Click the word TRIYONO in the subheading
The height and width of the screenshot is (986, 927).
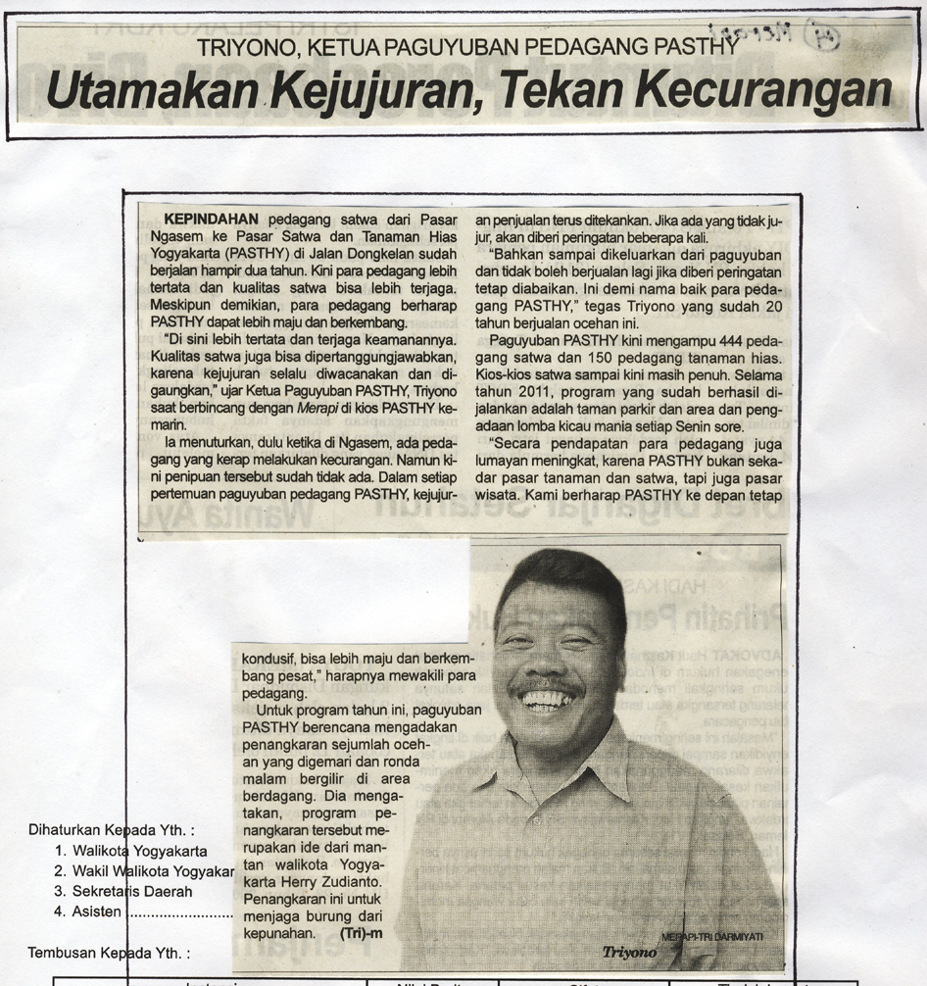click(243, 47)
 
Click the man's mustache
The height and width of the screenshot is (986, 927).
click(552, 685)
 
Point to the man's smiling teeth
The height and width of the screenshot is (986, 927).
click(549, 700)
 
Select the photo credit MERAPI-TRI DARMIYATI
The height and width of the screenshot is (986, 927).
click(712, 937)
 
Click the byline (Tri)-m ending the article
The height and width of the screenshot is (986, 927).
click(360, 932)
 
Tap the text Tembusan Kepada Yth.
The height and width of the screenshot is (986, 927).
click(108, 952)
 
